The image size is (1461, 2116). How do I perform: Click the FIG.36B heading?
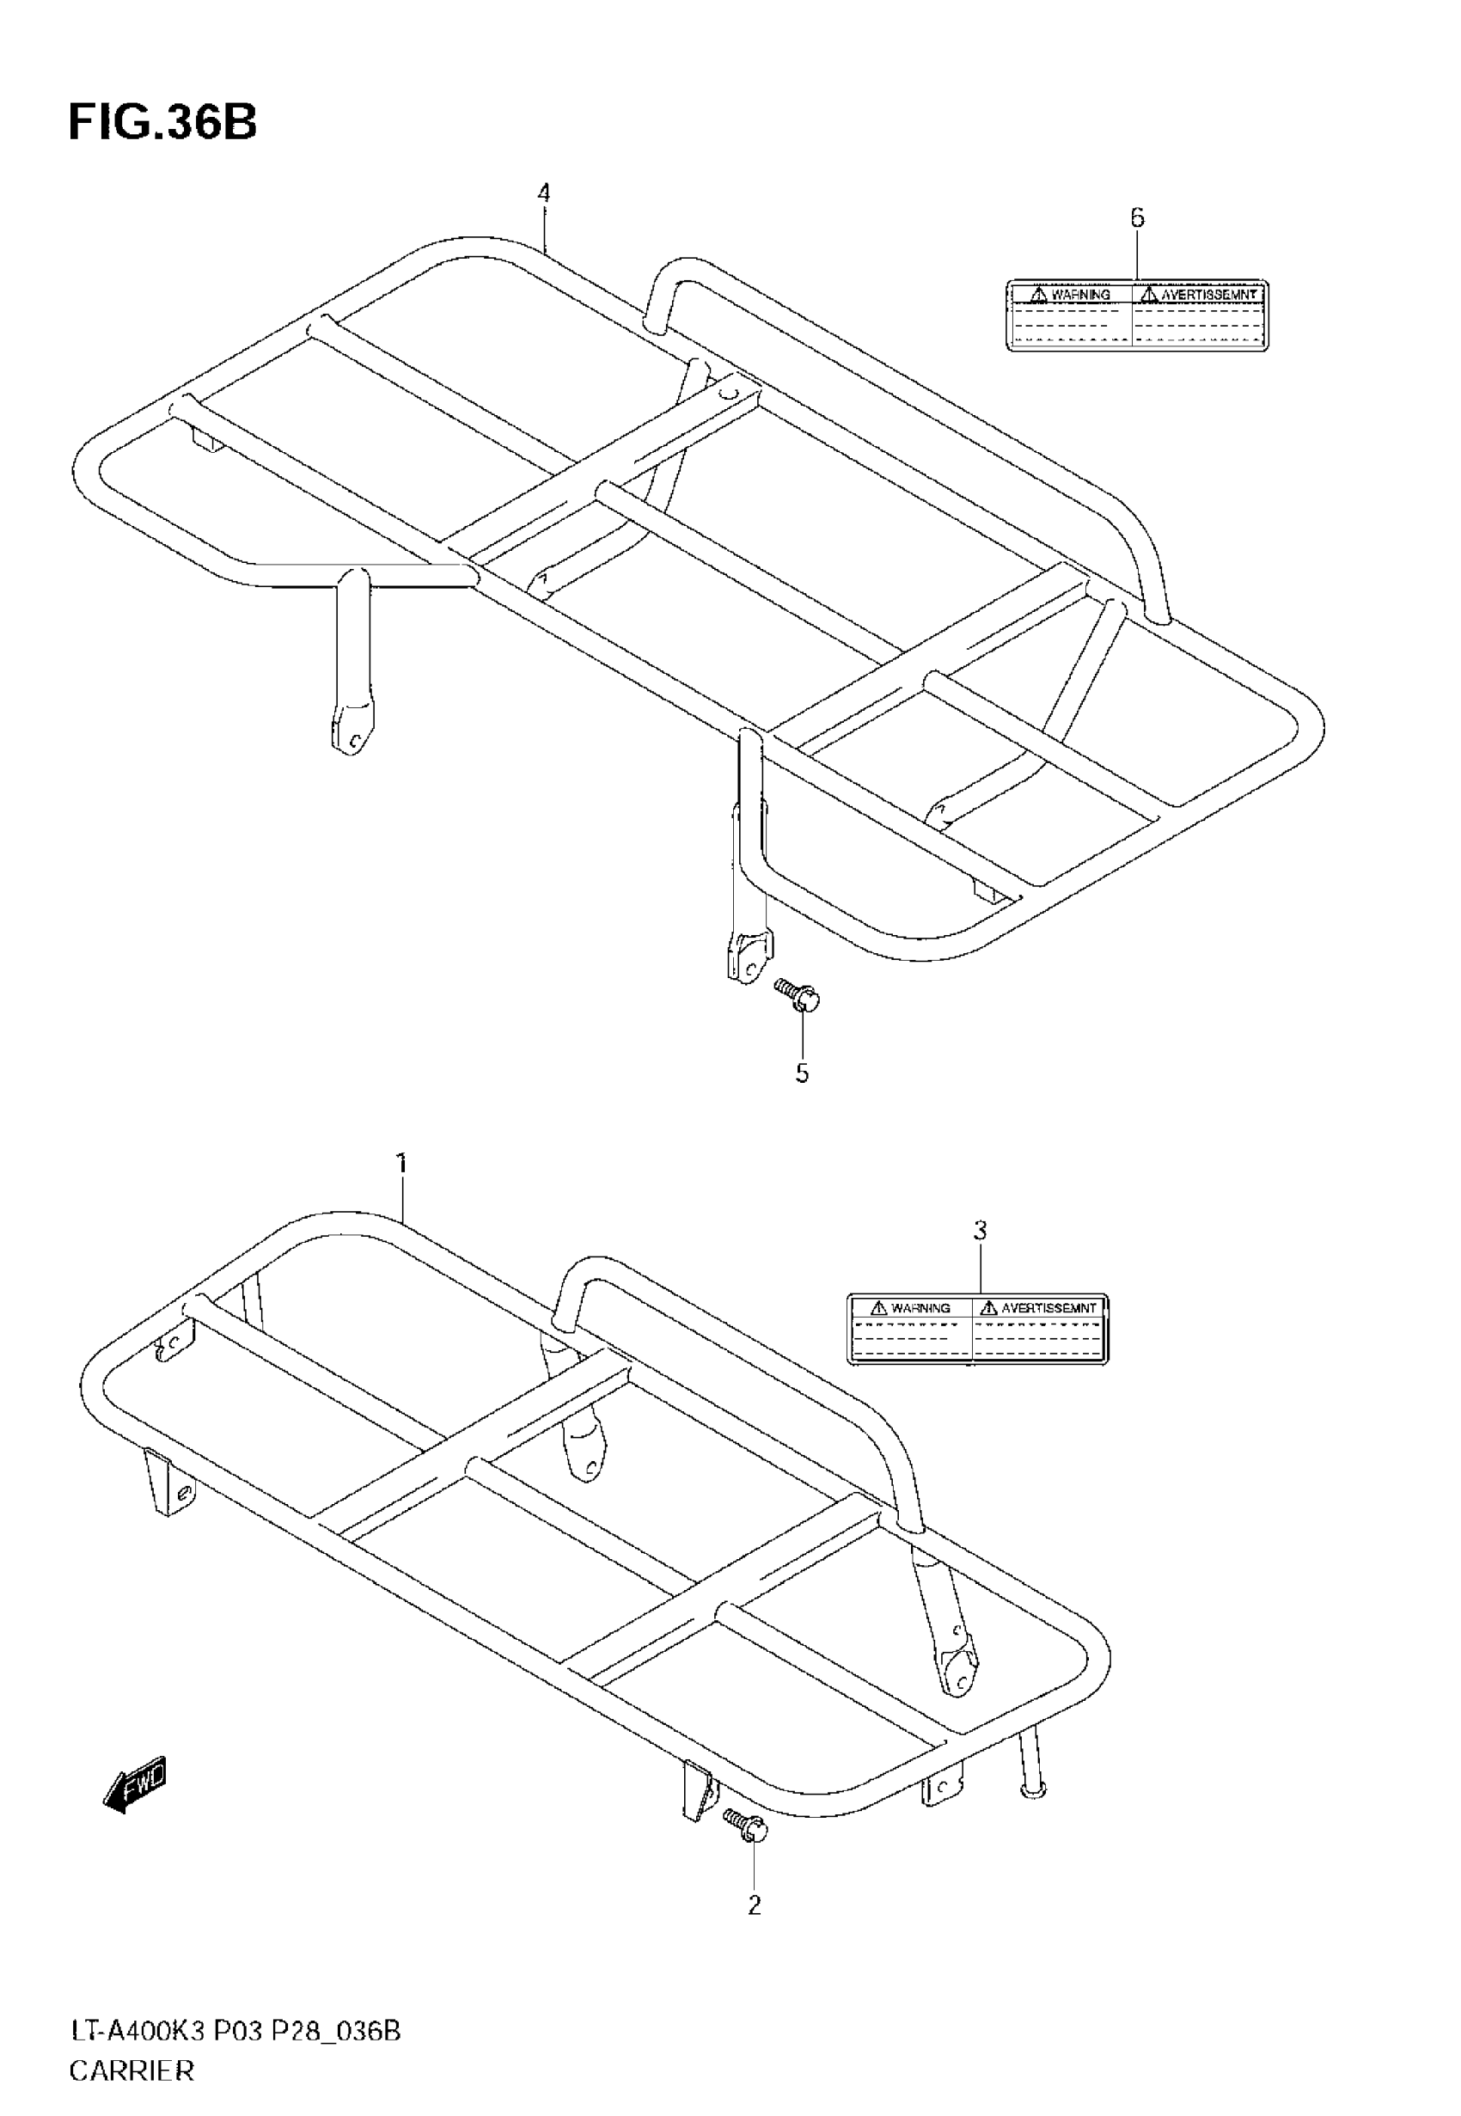(x=163, y=122)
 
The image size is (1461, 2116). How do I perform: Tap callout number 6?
(x=1137, y=217)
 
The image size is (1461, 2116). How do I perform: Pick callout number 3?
(x=981, y=1231)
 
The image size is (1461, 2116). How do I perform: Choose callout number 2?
(x=755, y=1905)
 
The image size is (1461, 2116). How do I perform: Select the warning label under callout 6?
(x=1137, y=315)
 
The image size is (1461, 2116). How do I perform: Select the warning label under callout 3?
(x=978, y=1330)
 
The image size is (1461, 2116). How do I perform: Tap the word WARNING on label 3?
(x=920, y=1308)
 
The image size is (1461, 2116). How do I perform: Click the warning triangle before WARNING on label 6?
(x=1038, y=295)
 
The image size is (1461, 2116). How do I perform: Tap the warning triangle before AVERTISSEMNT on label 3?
(x=988, y=1308)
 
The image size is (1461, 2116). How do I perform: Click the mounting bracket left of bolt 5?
(x=749, y=956)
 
